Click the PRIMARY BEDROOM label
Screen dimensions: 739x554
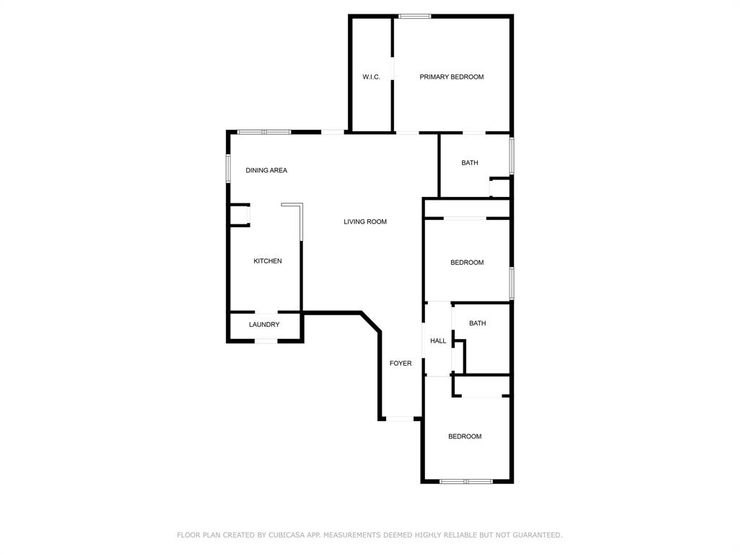[x=452, y=76]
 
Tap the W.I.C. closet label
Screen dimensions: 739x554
[x=372, y=76]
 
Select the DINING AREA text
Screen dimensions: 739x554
[x=266, y=170]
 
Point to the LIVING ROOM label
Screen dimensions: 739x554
[x=365, y=221]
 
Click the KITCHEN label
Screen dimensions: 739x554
[x=268, y=261]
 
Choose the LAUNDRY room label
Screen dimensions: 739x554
[x=264, y=325]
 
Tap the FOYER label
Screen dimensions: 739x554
[x=401, y=364]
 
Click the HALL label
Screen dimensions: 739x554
[x=438, y=340]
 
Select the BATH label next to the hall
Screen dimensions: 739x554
[x=478, y=323]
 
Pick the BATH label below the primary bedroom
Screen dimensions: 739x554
[x=470, y=162]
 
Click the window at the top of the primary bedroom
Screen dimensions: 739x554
[x=415, y=17]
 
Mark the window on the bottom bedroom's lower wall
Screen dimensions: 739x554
[x=466, y=481]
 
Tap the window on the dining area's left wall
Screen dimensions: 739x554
[x=228, y=169]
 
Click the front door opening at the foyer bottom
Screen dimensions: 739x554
[x=400, y=418]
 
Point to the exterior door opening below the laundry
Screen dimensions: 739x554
[x=266, y=340]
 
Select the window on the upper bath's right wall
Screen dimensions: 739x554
[x=512, y=156]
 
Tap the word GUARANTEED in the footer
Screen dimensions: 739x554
[x=537, y=535]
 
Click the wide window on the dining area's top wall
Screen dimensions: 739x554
[x=264, y=133]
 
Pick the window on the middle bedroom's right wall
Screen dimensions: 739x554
[x=512, y=283]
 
